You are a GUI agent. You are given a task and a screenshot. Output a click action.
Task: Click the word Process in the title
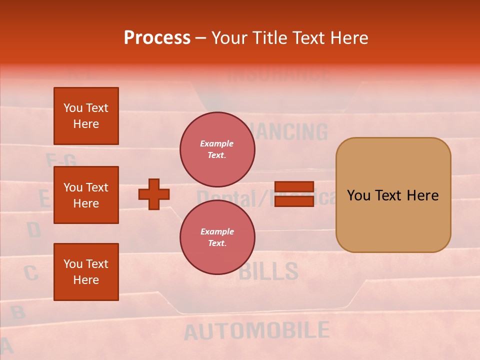tap(157, 38)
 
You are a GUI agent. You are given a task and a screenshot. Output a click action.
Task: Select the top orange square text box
tap(86, 116)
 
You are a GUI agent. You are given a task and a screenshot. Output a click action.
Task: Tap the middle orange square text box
tap(86, 195)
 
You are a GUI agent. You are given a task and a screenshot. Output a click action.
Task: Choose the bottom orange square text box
tap(86, 272)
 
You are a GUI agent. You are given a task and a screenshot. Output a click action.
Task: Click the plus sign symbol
tap(154, 194)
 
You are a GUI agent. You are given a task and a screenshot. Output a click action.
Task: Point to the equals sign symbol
tap(294, 194)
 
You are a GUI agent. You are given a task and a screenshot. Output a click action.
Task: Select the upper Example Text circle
tap(217, 149)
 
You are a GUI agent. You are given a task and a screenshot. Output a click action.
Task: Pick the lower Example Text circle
tap(217, 237)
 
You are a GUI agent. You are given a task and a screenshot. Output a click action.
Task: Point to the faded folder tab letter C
tap(30, 273)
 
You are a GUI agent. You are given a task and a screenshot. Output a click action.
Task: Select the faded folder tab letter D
tap(33, 230)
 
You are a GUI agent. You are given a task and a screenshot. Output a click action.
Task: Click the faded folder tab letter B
tap(18, 312)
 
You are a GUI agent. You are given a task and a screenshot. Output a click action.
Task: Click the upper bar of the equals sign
tap(294, 187)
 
